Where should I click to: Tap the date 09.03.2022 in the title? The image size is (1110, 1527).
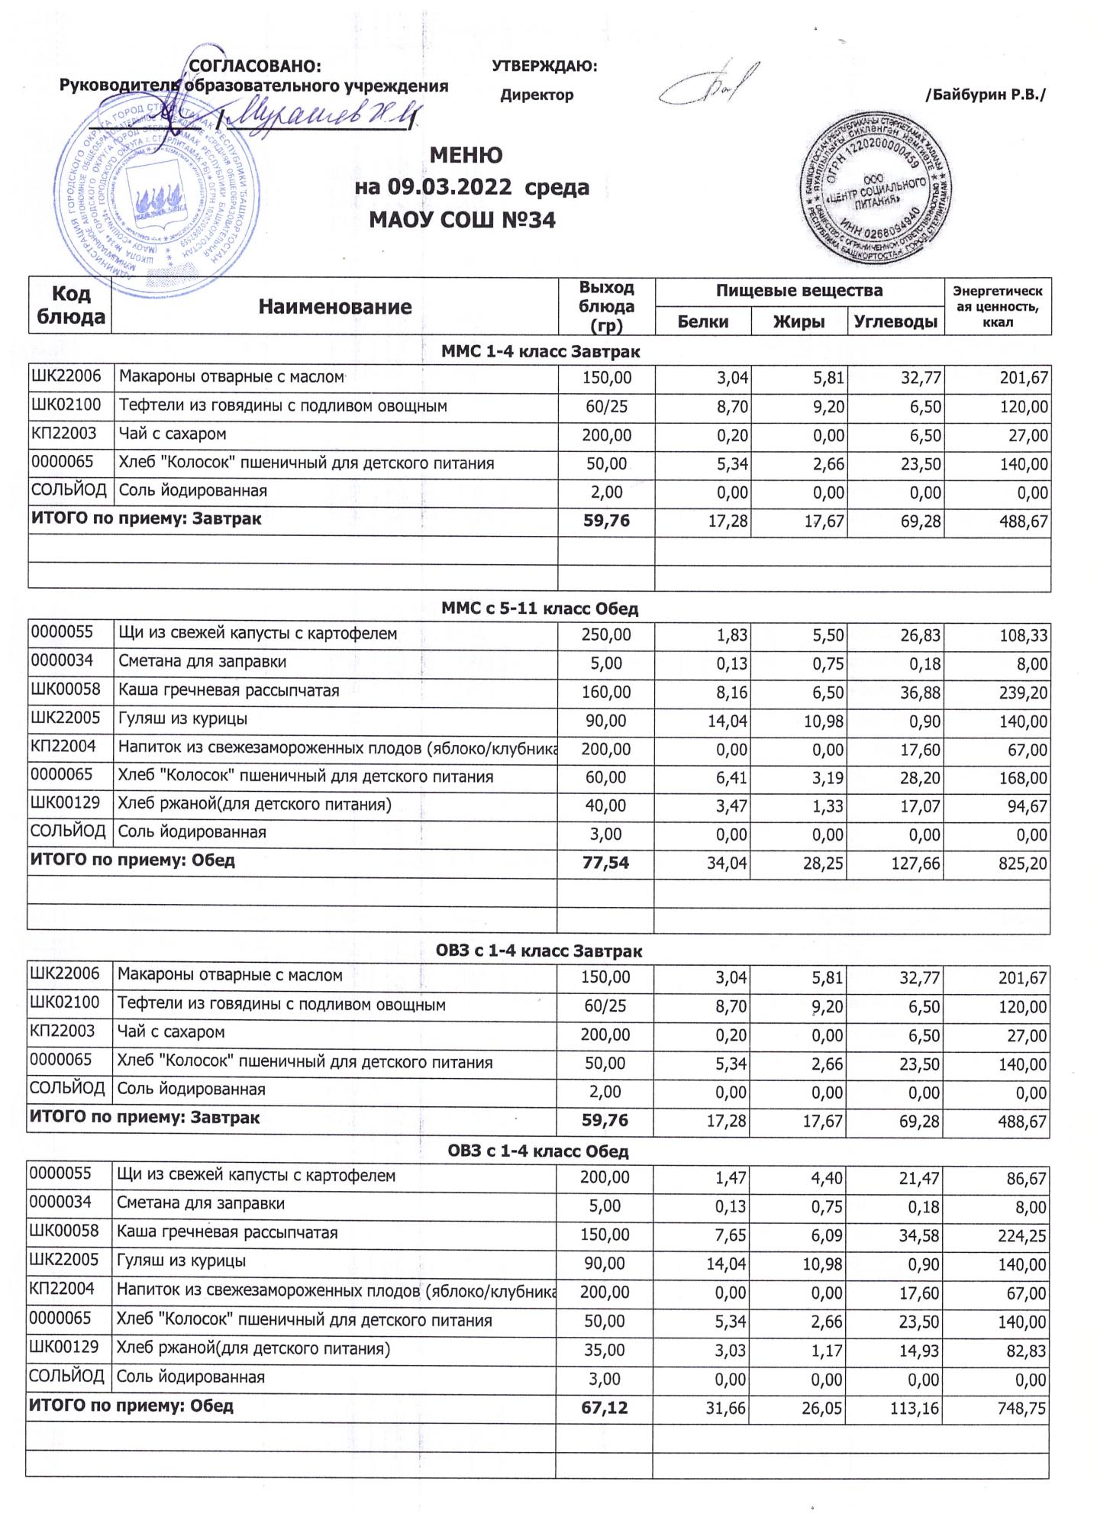446,188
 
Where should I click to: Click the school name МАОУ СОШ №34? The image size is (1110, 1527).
462,221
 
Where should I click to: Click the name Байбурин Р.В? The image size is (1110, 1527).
985,95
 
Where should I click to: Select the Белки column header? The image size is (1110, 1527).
703,322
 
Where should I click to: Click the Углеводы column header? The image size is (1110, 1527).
895,322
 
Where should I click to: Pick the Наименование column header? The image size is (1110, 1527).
334,307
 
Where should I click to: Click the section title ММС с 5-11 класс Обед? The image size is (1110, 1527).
540,609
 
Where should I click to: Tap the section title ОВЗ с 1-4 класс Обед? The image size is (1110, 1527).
538,1151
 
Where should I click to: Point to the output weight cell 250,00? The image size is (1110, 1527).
606,635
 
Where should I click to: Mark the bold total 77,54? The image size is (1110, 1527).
605,864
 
